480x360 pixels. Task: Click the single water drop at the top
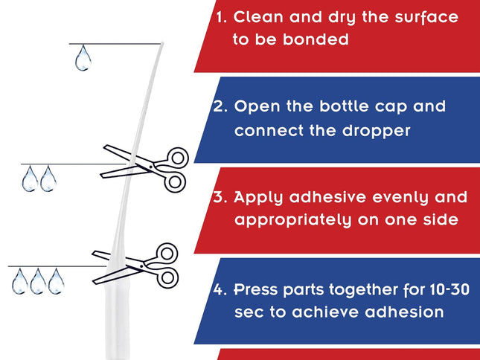coord(83,58)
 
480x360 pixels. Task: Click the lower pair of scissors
coord(135,265)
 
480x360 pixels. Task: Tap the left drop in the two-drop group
coord(30,179)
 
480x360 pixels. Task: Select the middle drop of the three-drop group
coord(38,281)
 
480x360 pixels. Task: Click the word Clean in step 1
coord(258,17)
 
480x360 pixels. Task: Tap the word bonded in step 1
coord(316,39)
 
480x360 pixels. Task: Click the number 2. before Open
coord(220,106)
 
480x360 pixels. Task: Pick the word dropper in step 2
coord(376,132)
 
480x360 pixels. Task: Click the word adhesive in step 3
coord(327,197)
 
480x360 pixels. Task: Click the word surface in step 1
coord(426,17)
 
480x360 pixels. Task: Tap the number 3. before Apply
coord(220,197)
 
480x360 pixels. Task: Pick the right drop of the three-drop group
coord(57,281)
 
